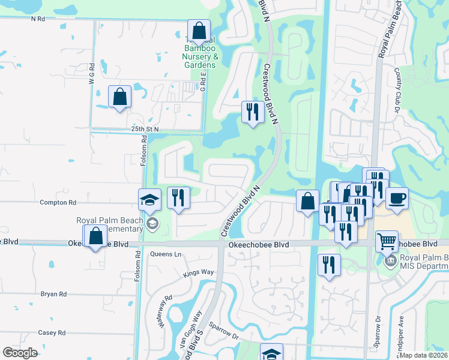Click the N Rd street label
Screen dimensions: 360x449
coord(38,19)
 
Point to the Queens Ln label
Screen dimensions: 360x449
coord(166,254)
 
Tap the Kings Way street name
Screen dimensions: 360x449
coord(199,272)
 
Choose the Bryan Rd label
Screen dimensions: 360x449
coord(53,294)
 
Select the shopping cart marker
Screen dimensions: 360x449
coord(387,241)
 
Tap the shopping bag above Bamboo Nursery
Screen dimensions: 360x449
coord(198,30)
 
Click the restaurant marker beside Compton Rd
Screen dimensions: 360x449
coord(178,198)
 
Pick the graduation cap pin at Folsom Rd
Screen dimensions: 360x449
coord(149,200)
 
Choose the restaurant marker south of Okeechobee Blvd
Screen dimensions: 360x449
coord(329,265)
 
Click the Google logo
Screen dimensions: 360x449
coord(20,353)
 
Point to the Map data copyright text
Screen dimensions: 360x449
coord(424,355)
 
